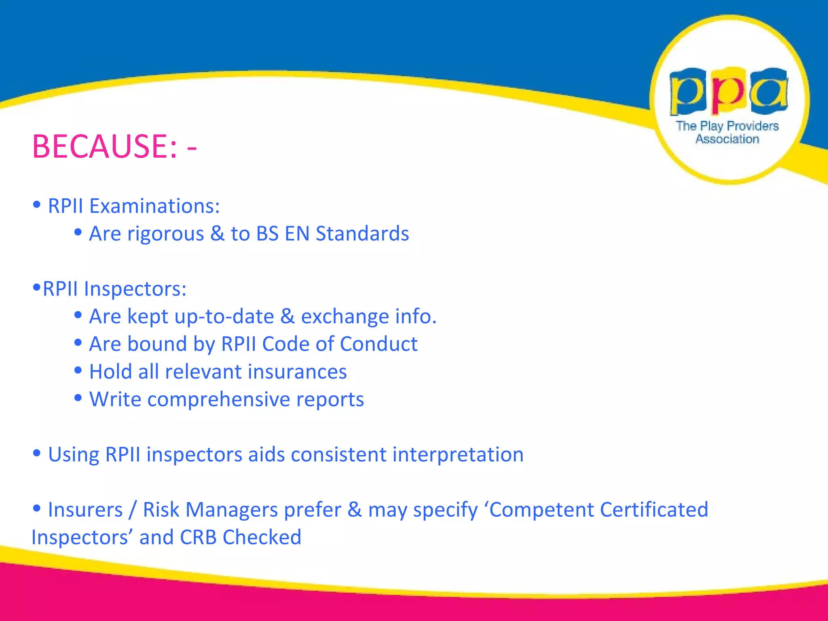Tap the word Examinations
tap(154, 206)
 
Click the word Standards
tap(362, 234)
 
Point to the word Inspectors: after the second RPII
tap(135, 289)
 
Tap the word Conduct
tap(379, 344)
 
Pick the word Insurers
tap(85, 510)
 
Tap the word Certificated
tap(654, 510)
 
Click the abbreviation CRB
tap(198, 538)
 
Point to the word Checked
tap(262, 538)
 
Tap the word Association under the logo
tap(727, 139)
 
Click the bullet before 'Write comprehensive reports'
tap(78, 398)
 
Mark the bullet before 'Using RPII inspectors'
tap(37, 453)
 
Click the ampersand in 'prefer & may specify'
tap(355, 510)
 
